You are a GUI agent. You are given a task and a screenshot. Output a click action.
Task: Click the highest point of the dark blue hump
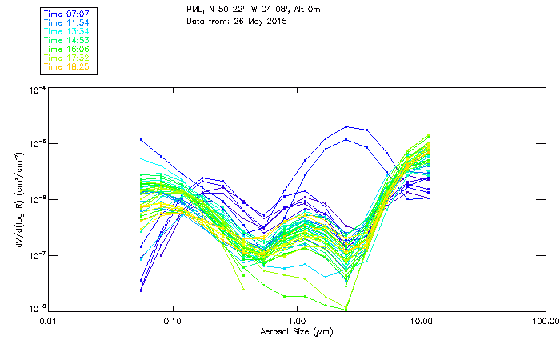[346, 126]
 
